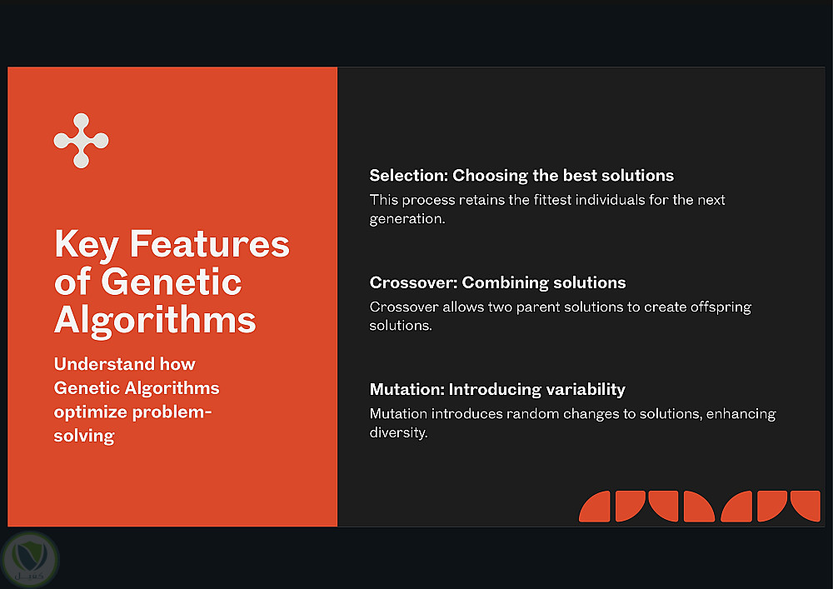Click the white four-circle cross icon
coord(82,141)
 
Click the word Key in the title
coord(87,245)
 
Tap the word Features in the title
coord(209,244)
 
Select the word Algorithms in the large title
coord(155,320)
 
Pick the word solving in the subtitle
coord(84,436)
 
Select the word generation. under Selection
coord(407,219)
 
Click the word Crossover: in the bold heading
coord(413,282)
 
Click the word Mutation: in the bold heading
coord(407,389)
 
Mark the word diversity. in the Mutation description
coord(398,432)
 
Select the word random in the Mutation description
coord(532,414)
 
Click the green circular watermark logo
coord(30,560)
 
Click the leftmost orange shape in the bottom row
coord(594,507)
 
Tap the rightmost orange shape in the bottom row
coord(806,507)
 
